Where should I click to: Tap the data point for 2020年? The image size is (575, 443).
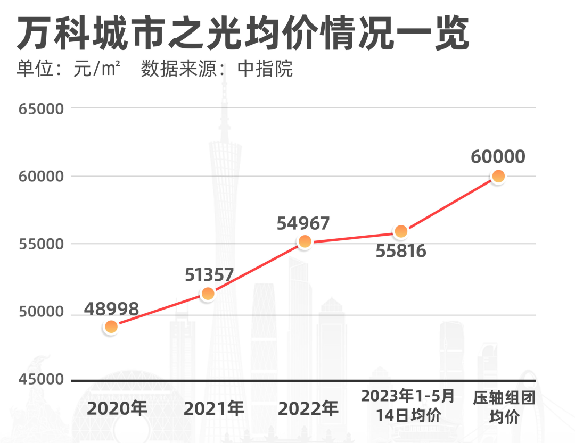(111, 327)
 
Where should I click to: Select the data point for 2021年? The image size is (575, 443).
(208, 294)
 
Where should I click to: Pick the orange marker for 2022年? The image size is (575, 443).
(305, 241)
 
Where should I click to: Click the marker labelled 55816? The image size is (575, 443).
(401, 231)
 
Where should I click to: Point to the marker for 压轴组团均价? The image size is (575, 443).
(498, 176)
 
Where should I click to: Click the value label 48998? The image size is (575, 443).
(111, 308)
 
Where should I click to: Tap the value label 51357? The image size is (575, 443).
(209, 274)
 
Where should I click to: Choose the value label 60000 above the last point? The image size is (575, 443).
(498, 157)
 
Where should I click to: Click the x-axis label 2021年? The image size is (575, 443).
(214, 408)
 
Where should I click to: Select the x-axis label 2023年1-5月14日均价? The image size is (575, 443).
(408, 405)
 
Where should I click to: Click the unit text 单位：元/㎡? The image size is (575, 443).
(68, 69)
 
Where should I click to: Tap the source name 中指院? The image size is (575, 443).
(265, 69)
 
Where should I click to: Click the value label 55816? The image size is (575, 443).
(401, 250)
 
